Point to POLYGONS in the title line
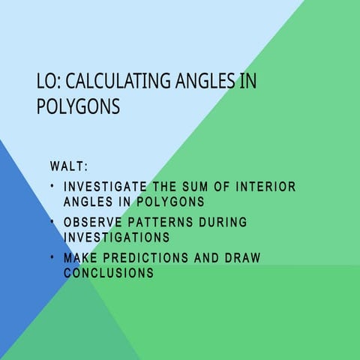click(x=78, y=106)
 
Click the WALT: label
click(x=69, y=166)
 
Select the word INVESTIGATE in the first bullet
click(x=105, y=187)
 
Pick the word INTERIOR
click(x=266, y=187)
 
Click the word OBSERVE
click(x=93, y=223)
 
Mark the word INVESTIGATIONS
click(x=116, y=237)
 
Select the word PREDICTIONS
click(x=145, y=258)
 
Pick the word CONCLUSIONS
click(x=109, y=273)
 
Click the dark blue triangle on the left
click(x=19, y=225)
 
